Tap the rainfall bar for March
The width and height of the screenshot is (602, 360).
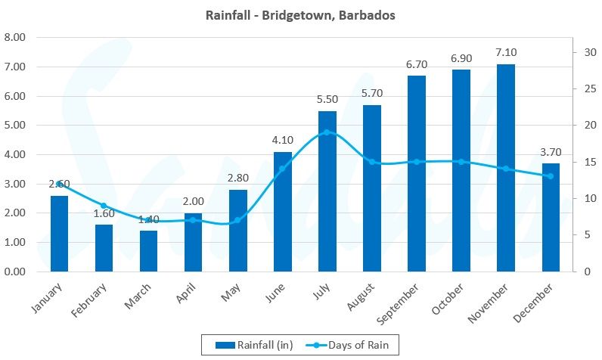coord(148,251)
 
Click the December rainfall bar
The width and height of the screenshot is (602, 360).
coord(551,218)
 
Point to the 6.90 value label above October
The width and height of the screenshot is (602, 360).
coord(461,57)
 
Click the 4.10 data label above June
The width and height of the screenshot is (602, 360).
coord(283,140)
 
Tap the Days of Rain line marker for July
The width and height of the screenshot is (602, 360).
coord(327,132)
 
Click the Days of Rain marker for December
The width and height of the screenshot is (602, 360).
coord(551,176)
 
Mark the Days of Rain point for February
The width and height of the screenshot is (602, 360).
coord(104,206)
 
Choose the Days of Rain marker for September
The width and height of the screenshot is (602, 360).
coord(417,162)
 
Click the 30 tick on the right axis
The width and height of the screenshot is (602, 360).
coord(583,52)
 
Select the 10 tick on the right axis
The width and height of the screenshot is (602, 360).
coord(583,198)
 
